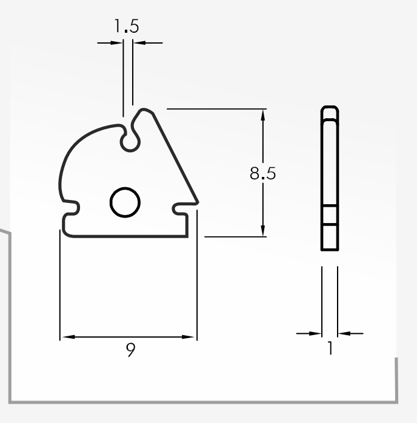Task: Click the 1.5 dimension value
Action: click(x=127, y=26)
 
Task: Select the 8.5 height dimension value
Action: click(x=262, y=173)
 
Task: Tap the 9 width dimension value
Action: click(x=130, y=350)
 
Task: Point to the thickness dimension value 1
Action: click(x=330, y=347)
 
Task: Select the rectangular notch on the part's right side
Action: click(x=180, y=209)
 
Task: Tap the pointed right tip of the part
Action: click(x=198, y=202)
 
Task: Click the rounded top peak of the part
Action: click(x=144, y=110)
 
